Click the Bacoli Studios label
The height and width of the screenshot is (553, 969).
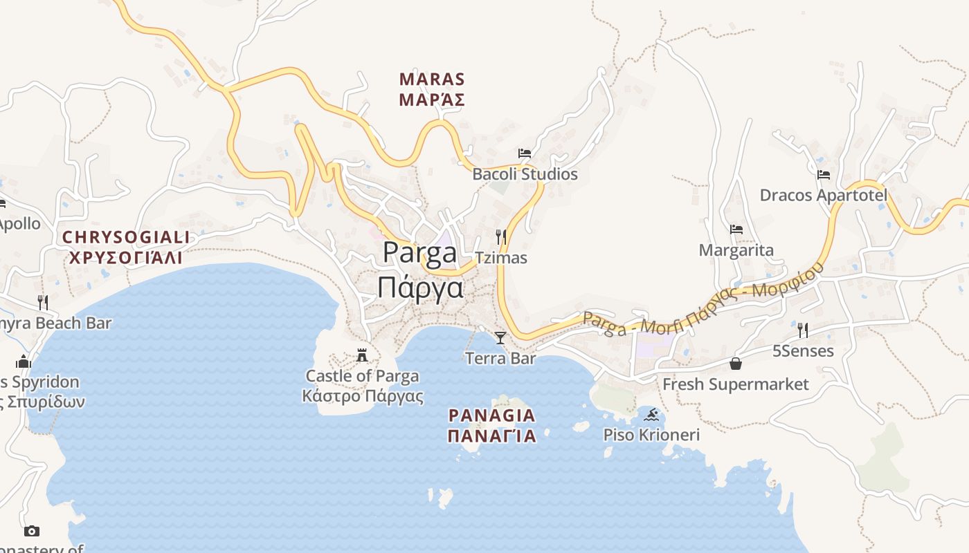(525, 174)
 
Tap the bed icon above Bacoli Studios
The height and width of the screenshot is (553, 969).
(525, 153)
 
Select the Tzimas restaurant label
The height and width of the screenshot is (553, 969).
(501, 259)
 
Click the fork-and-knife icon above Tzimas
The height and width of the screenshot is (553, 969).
(501, 237)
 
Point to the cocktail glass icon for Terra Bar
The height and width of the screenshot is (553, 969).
(500, 338)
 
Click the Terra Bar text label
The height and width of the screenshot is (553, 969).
(500, 359)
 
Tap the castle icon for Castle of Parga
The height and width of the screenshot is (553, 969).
(362, 356)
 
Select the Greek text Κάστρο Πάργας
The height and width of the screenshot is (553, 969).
(363, 397)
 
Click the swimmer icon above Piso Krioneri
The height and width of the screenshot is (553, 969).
(651, 415)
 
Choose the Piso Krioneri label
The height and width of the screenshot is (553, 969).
(651, 435)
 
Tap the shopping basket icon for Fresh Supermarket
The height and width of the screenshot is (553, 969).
(736, 364)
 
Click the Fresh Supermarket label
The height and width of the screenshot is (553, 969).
(736, 384)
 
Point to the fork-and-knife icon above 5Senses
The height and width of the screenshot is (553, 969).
(803, 330)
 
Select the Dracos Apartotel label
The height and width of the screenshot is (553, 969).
(824, 196)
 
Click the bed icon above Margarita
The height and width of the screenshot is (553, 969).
(736, 229)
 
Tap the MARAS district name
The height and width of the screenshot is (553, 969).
(432, 79)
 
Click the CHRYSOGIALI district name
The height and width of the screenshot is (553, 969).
(126, 238)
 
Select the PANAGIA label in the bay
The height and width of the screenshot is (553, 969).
(492, 415)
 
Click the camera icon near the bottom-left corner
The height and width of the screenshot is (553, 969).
(31, 531)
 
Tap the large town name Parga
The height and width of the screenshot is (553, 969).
(420, 253)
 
